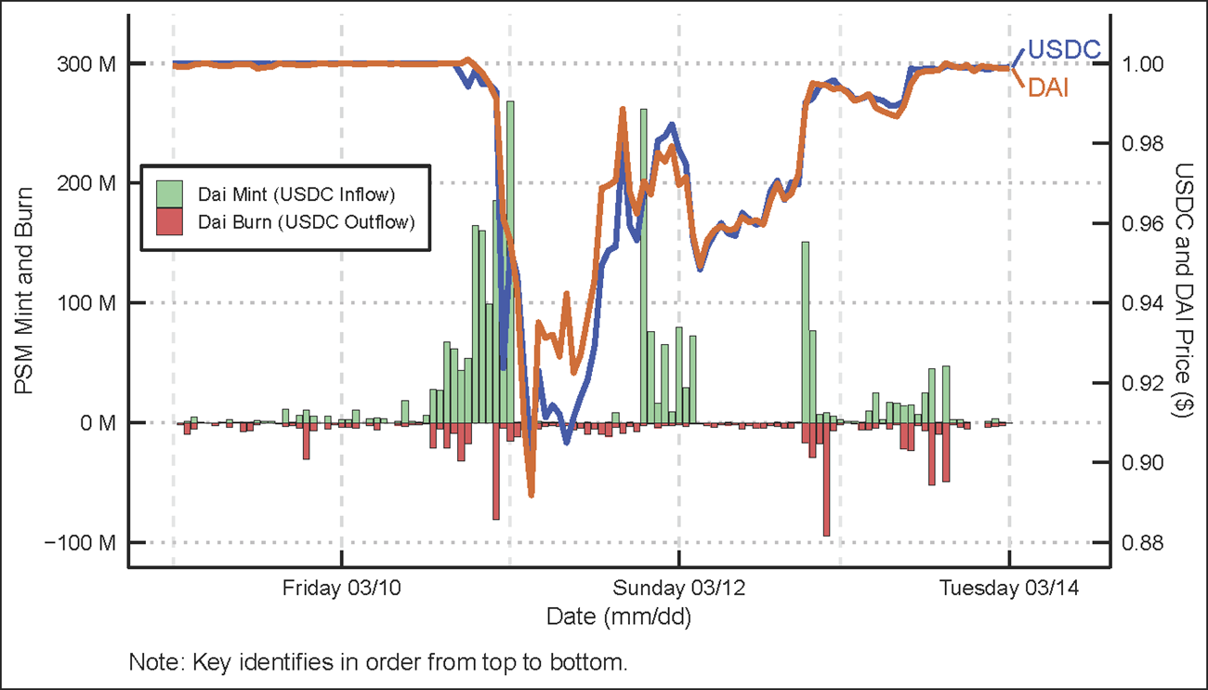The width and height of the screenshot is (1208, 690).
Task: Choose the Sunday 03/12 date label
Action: (x=678, y=589)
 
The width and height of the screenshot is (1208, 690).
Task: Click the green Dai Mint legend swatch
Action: (x=167, y=193)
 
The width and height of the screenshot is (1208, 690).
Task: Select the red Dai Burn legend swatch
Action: (x=167, y=222)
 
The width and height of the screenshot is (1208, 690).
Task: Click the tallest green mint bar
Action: (x=510, y=260)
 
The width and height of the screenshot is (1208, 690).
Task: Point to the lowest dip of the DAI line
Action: (x=531, y=494)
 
